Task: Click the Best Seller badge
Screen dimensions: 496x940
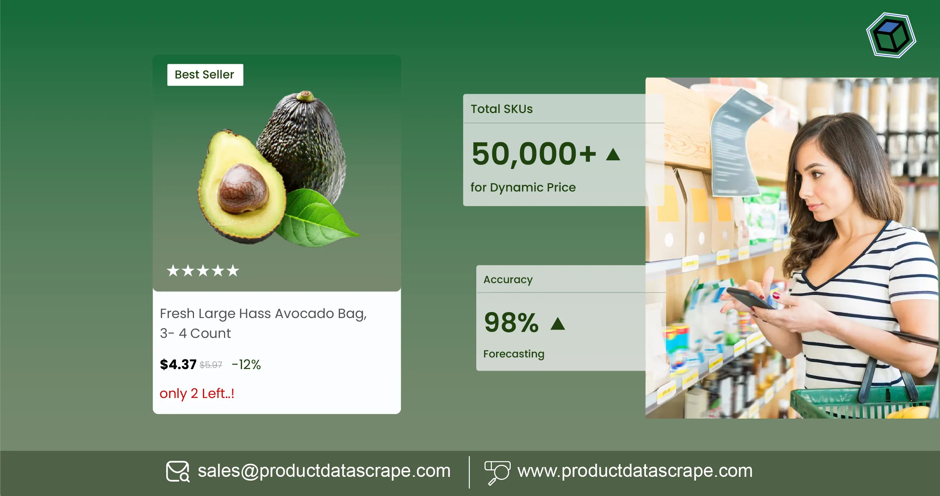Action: [x=205, y=75]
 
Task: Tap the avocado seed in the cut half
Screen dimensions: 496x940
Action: [x=243, y=189]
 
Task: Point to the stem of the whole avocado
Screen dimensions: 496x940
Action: [x=305, y=96]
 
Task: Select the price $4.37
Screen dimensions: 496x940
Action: [x=178, y=364]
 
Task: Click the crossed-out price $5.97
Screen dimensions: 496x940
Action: [x=211, y=365]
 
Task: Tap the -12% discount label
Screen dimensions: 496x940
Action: [x=246, y=364]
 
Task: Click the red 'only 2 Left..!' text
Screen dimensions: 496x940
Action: [x=197, y=393]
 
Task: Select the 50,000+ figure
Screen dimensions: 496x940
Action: [x=534, y=154]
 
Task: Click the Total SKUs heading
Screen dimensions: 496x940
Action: [x=502, y=109]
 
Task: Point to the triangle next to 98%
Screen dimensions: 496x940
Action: [x=558, y=324]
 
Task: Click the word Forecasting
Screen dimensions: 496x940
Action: [x=514, y=354]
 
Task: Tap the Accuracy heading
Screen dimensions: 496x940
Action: [x=508, y=279]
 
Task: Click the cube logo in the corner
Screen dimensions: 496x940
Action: [x=891, y=35]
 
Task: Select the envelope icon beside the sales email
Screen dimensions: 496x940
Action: [x=178, y=471]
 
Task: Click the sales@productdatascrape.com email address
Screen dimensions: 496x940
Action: [x=324, y=471]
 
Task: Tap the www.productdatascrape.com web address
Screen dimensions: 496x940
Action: [x=635, y=471]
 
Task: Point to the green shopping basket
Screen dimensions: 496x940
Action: [x=863, y=404]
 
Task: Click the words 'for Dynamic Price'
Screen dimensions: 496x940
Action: [x=523, y=187]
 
